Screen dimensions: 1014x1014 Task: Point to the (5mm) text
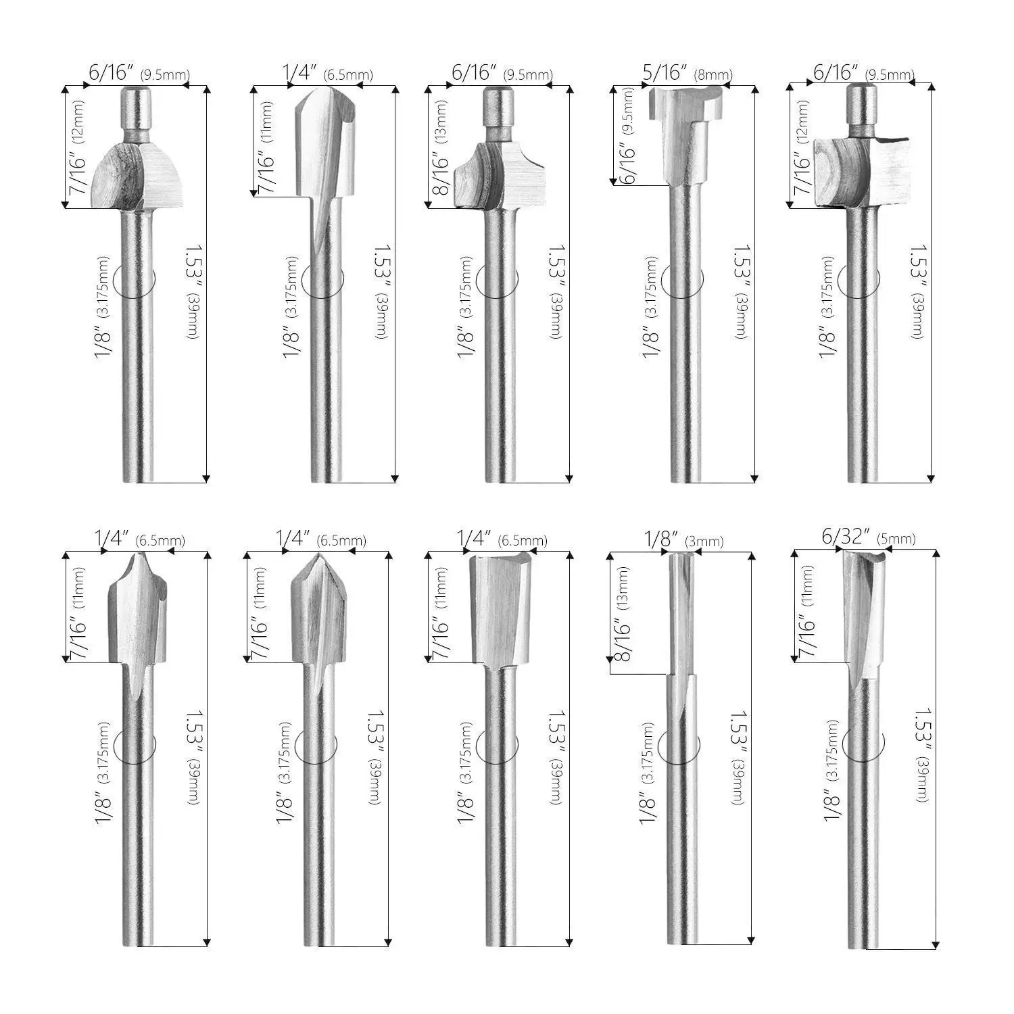[x=896, y=539]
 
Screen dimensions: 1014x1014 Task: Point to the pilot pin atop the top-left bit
[x=136, y=112]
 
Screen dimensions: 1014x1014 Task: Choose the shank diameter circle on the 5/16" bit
[x=681, y=279]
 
